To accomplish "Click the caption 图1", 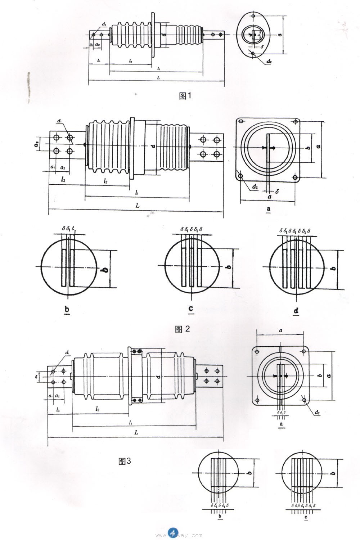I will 186,96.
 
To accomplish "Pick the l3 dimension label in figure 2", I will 63,179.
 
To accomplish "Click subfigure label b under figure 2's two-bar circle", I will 67,309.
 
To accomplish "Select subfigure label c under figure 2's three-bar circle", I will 191,309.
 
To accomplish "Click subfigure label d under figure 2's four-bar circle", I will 296,310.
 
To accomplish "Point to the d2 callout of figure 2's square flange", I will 255,187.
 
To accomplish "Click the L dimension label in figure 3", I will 136,432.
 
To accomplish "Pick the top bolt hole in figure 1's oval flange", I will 253,16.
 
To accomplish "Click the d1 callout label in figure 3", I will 68,353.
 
